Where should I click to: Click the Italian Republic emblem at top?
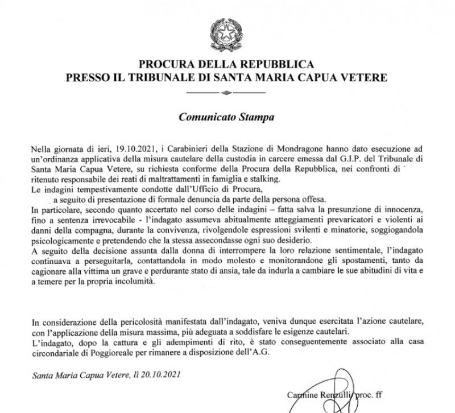point(226,31)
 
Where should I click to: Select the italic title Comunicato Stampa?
point(227,118)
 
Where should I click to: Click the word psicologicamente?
point(64,241)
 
